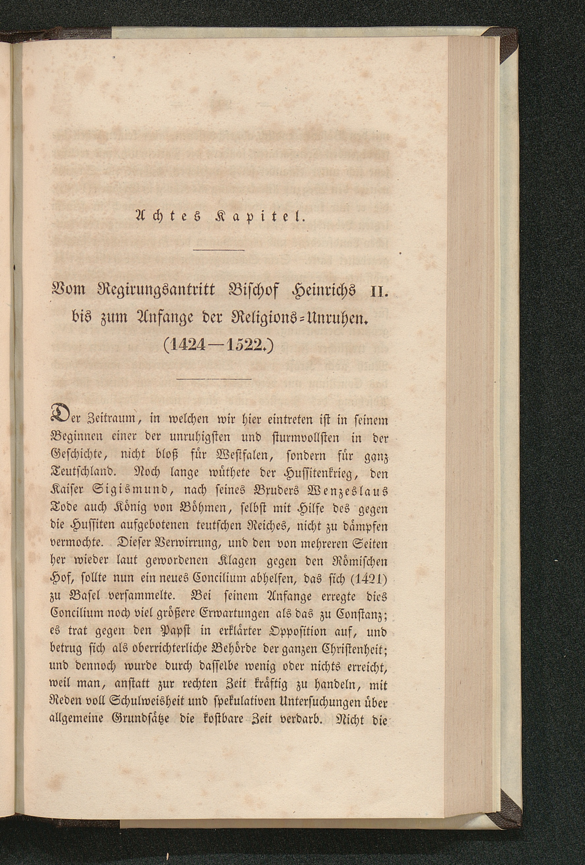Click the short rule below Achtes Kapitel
pyautogui.click(x=219, y=249)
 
